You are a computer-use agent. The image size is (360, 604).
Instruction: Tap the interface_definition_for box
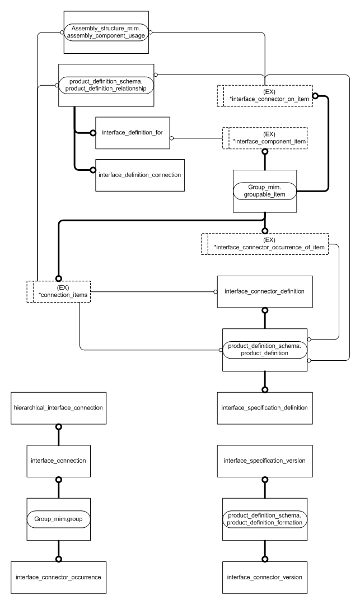click(133, 133)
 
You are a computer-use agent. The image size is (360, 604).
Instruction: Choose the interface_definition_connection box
click(139, 174)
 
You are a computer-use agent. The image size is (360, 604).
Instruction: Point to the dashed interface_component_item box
click(265, 138)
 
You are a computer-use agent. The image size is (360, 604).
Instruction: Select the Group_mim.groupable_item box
click(265, 191)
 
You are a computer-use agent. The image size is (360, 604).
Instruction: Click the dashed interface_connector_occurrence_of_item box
click(264, 244)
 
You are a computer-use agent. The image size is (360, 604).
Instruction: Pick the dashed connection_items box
click(59, 291)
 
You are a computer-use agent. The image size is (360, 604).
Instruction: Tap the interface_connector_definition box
click(264, 291)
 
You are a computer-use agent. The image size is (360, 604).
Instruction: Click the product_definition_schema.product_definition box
click(265, 350)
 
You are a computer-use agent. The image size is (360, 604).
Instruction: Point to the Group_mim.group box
click(58, 519)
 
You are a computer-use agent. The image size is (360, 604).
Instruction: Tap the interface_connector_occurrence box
click(58, 577)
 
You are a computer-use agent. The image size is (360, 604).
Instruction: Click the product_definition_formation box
click(265, 519)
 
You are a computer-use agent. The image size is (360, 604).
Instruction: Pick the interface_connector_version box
click(264, 577)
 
